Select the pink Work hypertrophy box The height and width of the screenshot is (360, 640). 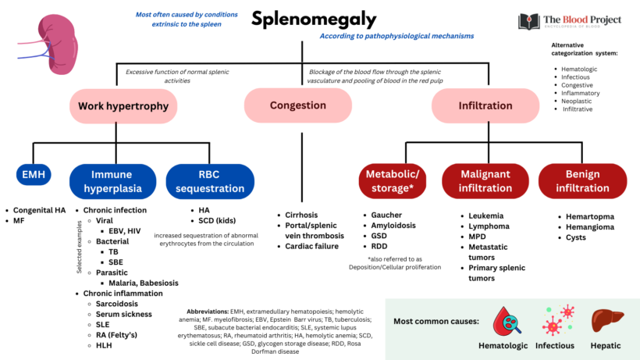click(123, 105)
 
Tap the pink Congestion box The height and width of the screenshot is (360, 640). click(297, 105)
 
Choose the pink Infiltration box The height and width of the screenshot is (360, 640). click(485, 105)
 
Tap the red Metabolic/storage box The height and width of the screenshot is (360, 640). click(393, 181)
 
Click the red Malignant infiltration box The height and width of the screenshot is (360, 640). click(484, 181)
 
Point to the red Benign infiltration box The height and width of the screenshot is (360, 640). click(582, 181)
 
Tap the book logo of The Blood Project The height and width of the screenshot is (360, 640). click(528, 21)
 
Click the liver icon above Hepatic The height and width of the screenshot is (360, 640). click(606, 320)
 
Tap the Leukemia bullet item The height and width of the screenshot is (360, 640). click(485, 216)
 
